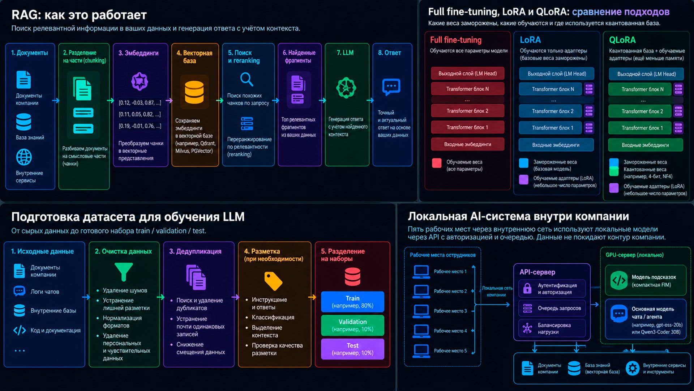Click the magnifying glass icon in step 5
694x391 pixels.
(x=247, y=79)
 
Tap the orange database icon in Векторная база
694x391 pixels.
(x=194, y=92)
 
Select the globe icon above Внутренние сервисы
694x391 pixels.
(x=24, y=157)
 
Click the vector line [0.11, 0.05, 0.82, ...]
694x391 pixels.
(x=140, y=114)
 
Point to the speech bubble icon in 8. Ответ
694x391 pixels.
(x=391, y=87)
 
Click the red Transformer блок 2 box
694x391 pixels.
(x=467, y=111)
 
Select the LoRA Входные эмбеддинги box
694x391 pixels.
(x=556, y=145)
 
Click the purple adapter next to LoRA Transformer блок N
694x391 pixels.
(x=589, y=89)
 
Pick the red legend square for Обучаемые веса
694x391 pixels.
(x=437, y=163)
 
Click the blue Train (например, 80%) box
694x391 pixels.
(x=352, y=302)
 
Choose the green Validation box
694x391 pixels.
(x=352, y=325)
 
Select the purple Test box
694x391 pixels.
(x=352, y=349)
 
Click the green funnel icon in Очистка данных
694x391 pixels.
(x=124, y=272)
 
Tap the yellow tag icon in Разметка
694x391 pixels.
(x=273, y=281)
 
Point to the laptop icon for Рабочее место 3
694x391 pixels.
(x=421, y=311)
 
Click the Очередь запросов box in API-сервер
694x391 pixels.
(x=552, y=308)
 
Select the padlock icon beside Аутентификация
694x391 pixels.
(x=527, y=288)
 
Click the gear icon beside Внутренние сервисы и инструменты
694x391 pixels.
(x=633, y=368)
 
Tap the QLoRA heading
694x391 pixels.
(x=622, y=40)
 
